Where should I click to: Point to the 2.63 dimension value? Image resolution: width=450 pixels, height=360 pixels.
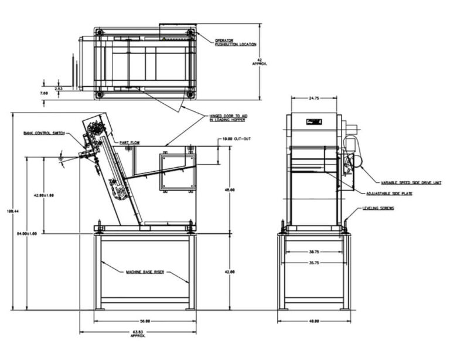coord(59,88)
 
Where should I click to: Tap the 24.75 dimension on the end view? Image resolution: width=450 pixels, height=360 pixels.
coord(313,99)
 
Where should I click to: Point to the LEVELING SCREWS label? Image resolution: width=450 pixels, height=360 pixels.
coord(378,208)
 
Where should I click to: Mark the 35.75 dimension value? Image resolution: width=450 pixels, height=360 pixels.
coord(313,263)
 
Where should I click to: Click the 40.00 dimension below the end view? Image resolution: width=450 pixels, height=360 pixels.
coord(313,321)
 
